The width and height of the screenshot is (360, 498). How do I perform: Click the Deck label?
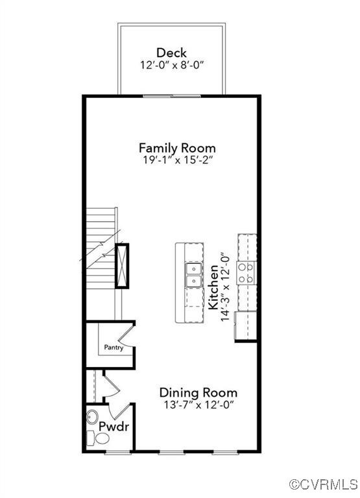point(171,53)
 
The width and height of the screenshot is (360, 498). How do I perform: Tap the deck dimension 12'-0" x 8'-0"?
point(171,65)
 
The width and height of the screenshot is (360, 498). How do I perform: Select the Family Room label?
point(177,148)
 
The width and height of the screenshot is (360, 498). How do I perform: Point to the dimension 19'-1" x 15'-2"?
point(177,161)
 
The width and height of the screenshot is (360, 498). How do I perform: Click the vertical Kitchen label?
point(213,285)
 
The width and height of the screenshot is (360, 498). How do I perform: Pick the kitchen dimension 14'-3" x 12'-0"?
point(226,287)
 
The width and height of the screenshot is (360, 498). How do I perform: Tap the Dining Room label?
point(198,392)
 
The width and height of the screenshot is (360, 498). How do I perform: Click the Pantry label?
point(114,348)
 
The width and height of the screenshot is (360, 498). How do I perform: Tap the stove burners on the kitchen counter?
point(246,273)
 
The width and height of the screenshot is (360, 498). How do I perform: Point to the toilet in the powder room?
point(102,439)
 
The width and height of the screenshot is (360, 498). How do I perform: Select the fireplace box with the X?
point(122,265)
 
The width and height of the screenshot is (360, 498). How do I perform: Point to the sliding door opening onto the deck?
point(171,96)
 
